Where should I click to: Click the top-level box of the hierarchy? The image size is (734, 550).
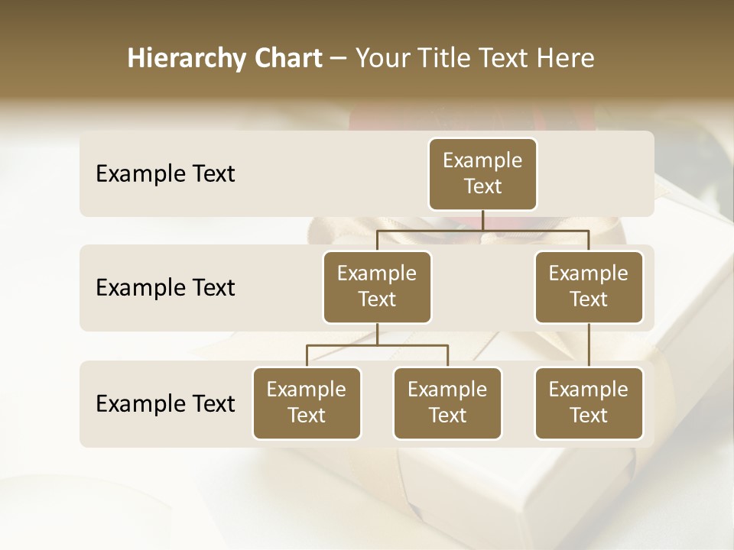pyautogui.click(x=482, y=174)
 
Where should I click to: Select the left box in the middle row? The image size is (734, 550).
pyautogui.click(x=377, y=287)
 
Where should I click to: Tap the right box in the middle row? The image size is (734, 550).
pyautogui.click(x=589, y=287)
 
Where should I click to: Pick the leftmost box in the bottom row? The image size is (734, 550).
pyautogui.click(x=307, y=403)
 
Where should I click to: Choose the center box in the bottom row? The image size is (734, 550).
pyautogui.click(x=447, y=403)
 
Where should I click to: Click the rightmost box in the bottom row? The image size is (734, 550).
pyautogui.click(x=589, y=403)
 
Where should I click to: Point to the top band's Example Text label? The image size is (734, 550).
pyautogui.click(x=165, y=174)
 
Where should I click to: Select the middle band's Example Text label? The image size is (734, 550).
pyautogui.click(x=165, y=288)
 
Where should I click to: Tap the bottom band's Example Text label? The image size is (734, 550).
pyautogui.click(x=165, y=403)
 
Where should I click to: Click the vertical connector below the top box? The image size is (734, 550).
pyautogui.click(x=482, y=220)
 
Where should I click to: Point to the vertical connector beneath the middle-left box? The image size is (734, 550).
pyautogui.click(x=377, y=334)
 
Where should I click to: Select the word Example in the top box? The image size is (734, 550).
pyautogui.click(x=482, y=160)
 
